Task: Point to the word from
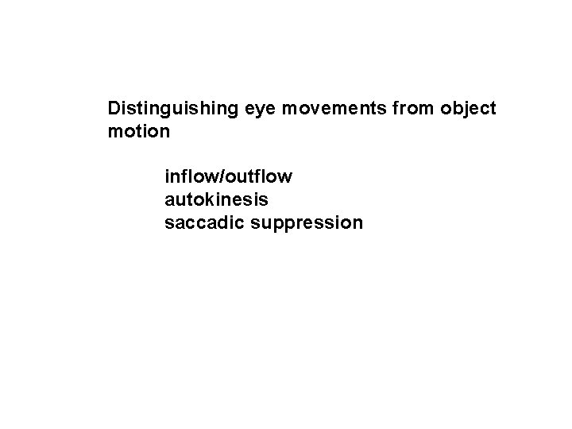coord(410,107)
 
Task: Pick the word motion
coord(138,131)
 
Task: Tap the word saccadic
coord(203,222)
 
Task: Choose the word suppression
coord(307,223)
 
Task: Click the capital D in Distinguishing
coord(114,107)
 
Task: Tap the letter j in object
coord(462,109)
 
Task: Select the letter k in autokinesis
coord(206,199)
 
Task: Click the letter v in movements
coord(311,108)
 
